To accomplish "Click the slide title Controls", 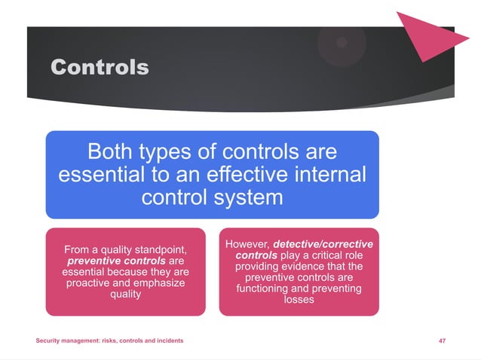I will coord(100,67).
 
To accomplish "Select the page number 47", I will coord(442,341).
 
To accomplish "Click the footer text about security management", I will coord(109,341).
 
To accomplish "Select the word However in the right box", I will coord(247,245).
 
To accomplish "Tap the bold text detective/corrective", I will coord(323,245).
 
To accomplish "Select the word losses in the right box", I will coord(299,299).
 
